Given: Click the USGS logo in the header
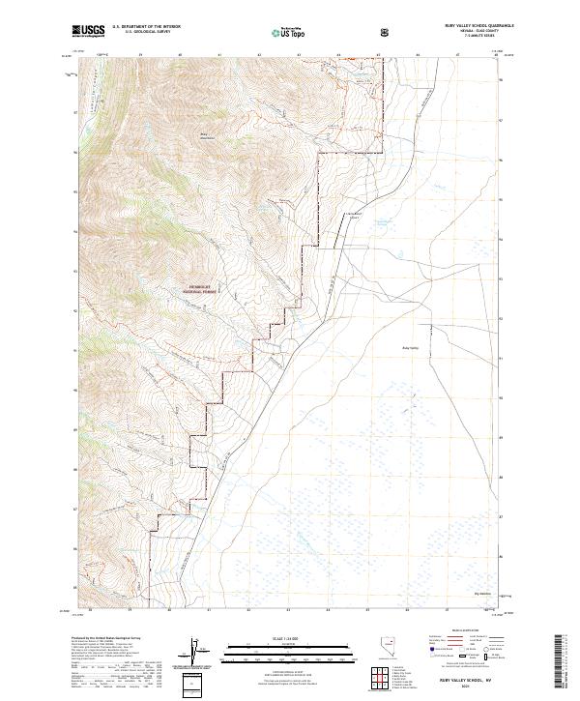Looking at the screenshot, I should coord(89,32).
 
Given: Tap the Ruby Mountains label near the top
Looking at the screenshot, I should coord(205,136).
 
